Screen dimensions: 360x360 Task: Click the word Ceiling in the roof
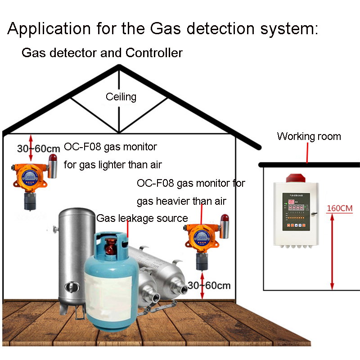pyautogui.click(x=121, y=97)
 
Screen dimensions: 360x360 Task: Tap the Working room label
pyautogui.click(x=309, y=136)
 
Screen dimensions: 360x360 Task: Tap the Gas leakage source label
pyautogui.click(x=142, y=218)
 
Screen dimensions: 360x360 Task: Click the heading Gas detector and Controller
pyautogui.click(x=102, y=53)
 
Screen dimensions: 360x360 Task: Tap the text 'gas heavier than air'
pyautogui.click(x=181, y=201)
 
